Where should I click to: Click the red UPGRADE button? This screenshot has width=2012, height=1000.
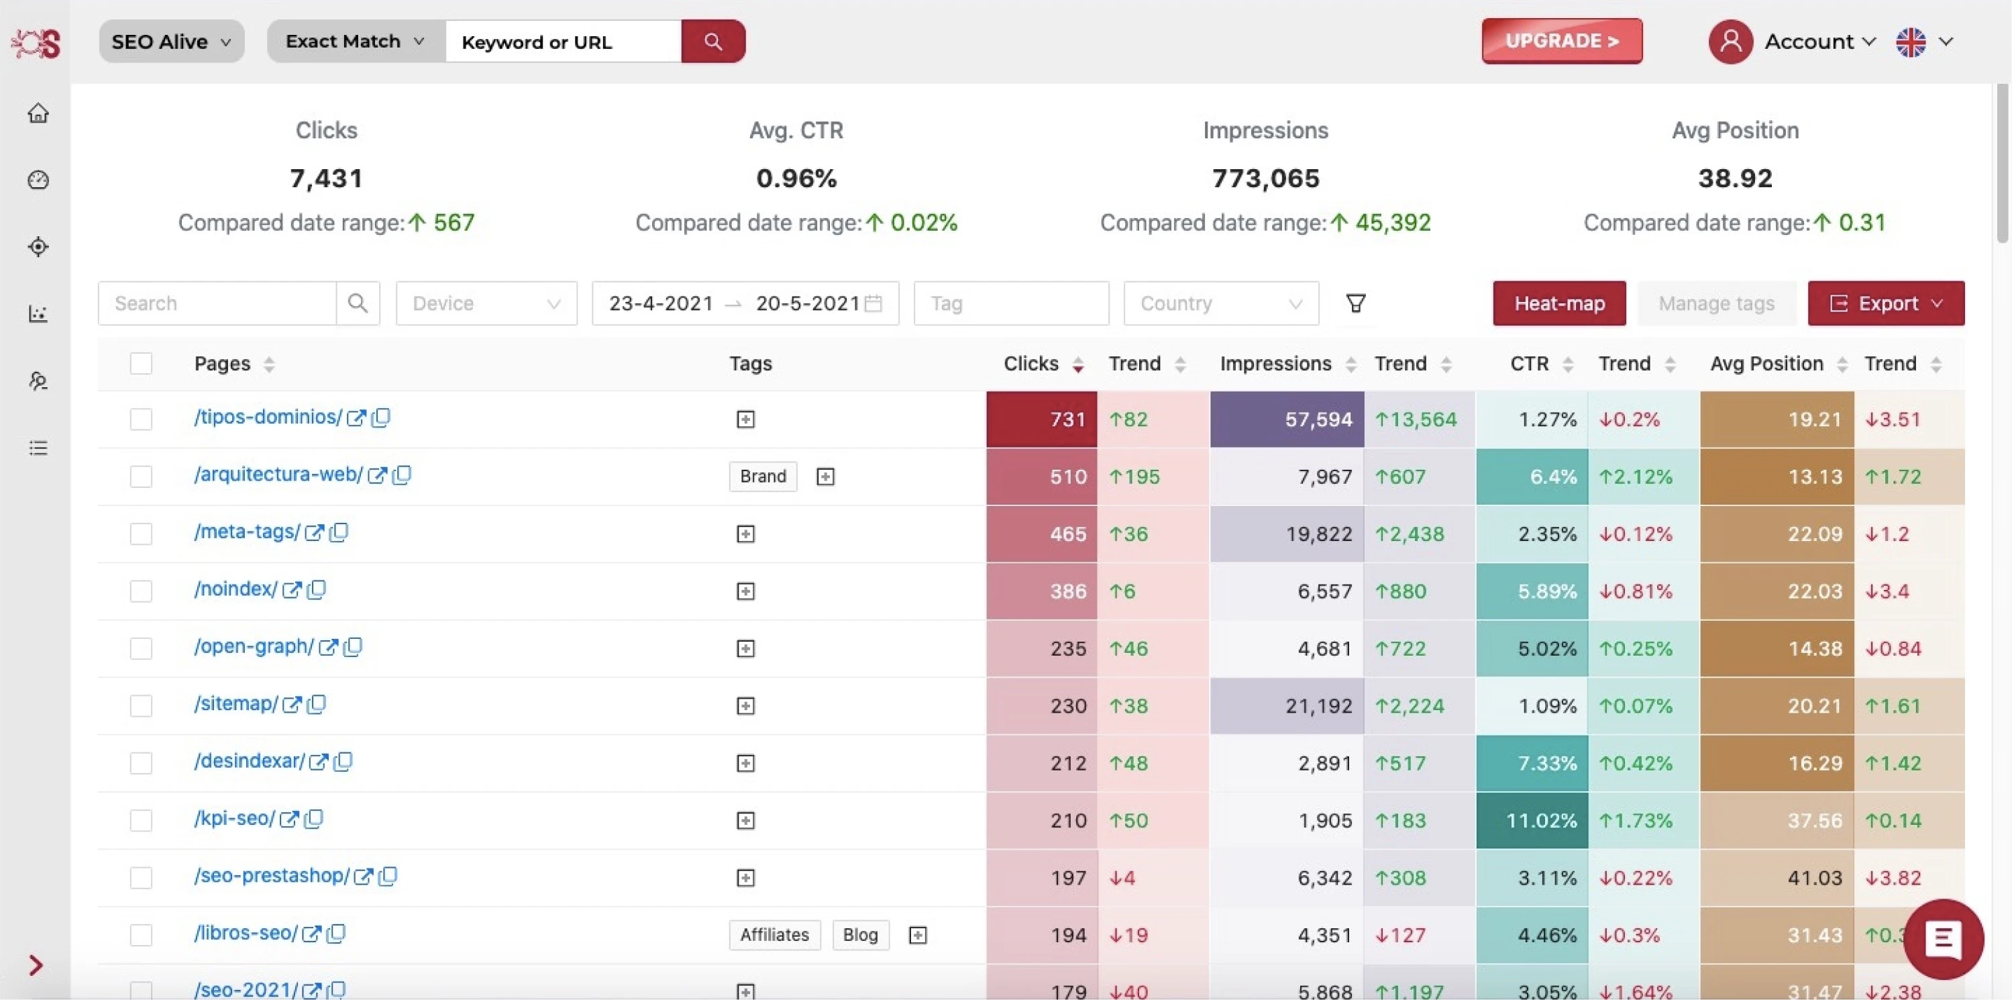[1561, 41]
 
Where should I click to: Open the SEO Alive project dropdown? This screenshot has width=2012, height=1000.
[171, 42]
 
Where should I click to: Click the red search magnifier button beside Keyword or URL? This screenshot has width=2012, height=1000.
[712, 42]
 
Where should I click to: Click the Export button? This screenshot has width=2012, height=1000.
[1885, 303]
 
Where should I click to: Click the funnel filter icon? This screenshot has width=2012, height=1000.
[1356, 303]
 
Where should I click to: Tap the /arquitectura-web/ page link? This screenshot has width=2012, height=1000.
[278, 474]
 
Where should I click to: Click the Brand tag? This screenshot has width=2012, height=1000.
[762, 476]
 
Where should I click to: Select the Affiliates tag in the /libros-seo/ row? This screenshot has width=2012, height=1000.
[774, 934]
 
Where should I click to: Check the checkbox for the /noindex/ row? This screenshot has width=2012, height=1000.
[141, 591]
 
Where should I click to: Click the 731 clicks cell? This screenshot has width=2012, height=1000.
[1041, 419]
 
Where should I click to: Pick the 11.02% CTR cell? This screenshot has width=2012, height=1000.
[1532, 820]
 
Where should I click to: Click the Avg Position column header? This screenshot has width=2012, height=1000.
[1766, 363]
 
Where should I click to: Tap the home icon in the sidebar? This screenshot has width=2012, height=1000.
[38, 113]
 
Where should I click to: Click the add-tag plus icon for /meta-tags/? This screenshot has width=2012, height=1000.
[745, 534]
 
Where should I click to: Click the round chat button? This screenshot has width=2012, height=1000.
[1942, 938]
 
